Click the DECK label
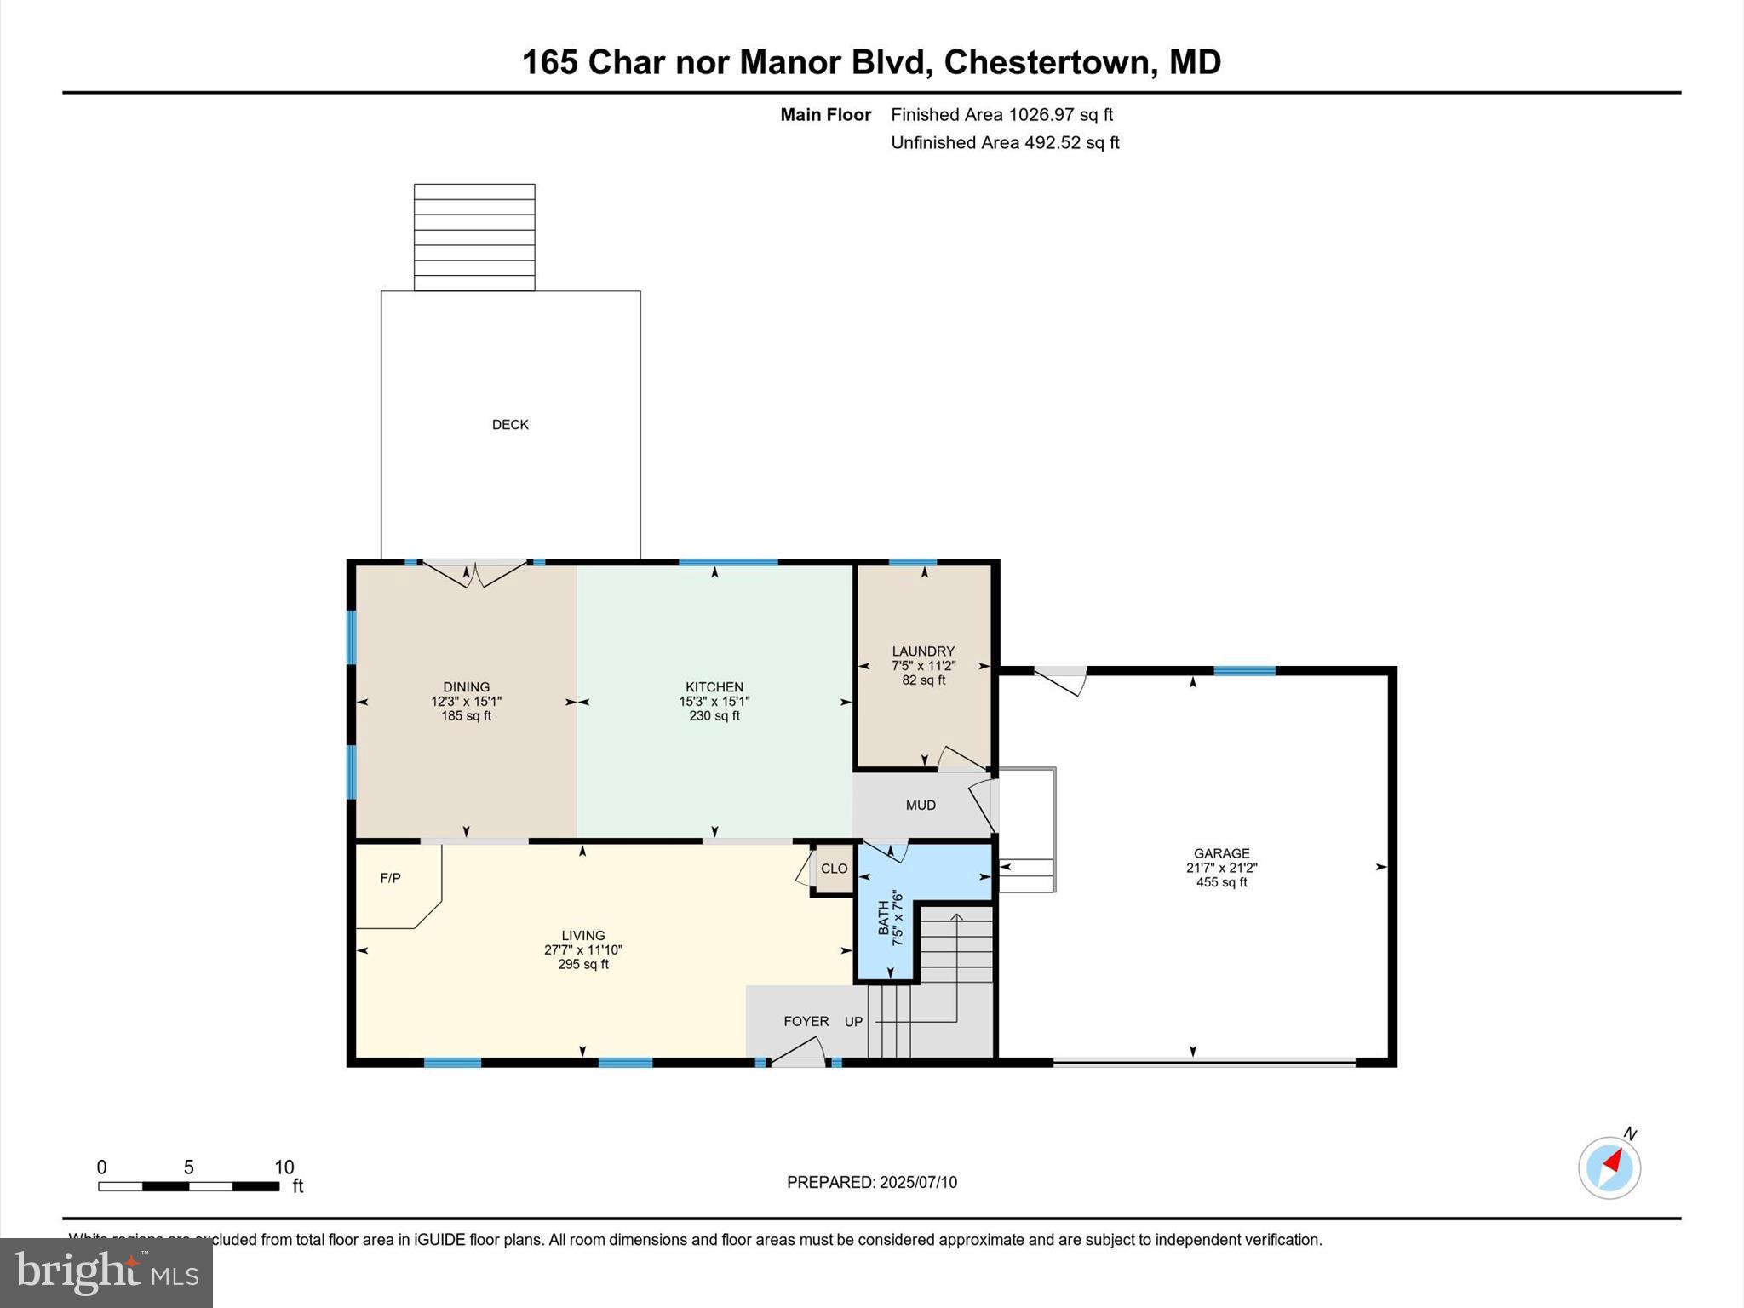510,425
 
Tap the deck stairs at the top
474,238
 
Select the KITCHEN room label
714,687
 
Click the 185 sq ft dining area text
466,716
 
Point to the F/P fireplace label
390,878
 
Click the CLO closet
834,869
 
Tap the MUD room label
921,806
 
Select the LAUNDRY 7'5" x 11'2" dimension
924,666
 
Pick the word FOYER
806,1022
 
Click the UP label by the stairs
853,1022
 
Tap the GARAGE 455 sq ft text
1221,882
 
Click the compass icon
1609,1167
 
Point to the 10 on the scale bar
284,1167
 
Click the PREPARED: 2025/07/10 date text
871,1182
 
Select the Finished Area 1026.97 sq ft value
1001,115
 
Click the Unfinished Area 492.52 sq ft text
1005,143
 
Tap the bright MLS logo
106,1272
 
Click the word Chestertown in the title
1047,62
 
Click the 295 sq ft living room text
582,965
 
